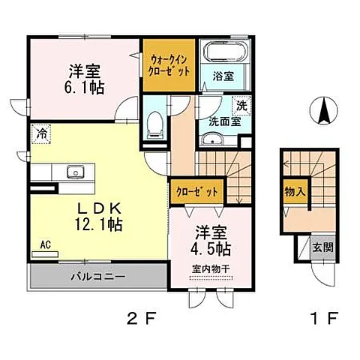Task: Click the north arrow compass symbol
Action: tap(323, 110)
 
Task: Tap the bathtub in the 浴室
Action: tap(224, 51)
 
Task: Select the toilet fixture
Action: tap(154, 125)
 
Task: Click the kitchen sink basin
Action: tap(76, 172)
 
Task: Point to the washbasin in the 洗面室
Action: tap(212, 139)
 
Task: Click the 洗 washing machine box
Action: tap(241, 106)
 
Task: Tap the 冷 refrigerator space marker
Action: tap(41, 134)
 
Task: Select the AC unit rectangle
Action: tap(45, 254)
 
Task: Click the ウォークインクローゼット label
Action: tap(169, 65)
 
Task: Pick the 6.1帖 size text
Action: tap(84, 88)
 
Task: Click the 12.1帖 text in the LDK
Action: tap(98, 224)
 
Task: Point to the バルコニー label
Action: tap(97, 277)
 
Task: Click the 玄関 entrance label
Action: tap(323, 247)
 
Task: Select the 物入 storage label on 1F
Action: tap(295, 192)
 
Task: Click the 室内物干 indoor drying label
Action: tap(211, 268)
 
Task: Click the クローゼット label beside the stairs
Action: tap(197, 192)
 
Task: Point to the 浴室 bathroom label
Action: tap(223, 76)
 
